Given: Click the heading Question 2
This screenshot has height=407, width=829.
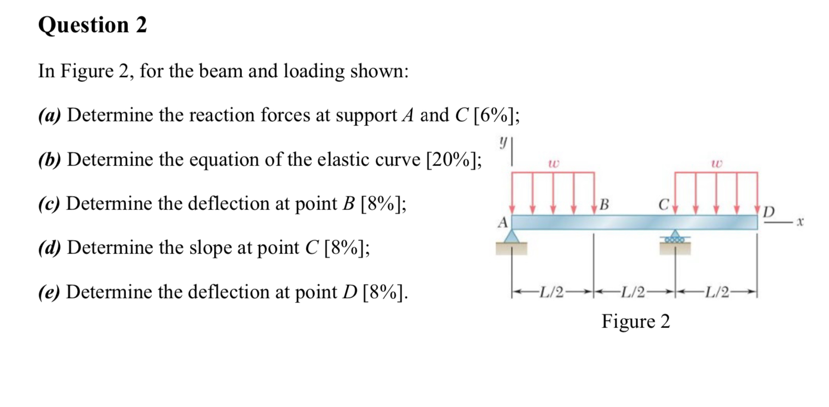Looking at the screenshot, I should [x=92, y=25].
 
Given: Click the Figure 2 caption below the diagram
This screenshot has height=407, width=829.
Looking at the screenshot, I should [x=635, y=321].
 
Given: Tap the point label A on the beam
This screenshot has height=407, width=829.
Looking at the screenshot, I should [x=502, y=222].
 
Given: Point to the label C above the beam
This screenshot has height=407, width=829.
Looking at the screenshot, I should [x=663, y=204].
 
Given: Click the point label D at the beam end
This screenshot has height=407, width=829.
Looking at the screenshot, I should [x=769, y=212].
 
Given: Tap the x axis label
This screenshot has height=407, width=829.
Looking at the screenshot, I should [x=800, y=221].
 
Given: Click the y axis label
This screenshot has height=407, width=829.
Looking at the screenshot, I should [x=503, y=142].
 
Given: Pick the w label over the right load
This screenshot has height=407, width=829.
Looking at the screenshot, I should [x=716, y=163].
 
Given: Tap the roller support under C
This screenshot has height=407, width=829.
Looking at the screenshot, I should [x=675, y=237].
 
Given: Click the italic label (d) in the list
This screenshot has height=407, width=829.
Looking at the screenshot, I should [x=49, y=247].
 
